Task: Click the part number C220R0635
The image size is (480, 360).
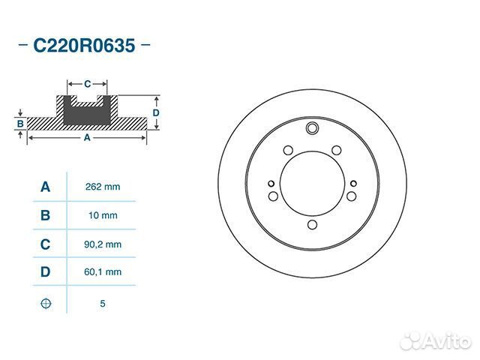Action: [84, 46]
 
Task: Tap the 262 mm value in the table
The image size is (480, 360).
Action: [103, 187]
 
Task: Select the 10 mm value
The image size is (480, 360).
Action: [103, 215]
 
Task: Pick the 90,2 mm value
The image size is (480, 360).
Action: [103, 244]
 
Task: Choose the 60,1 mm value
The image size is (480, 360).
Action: [103, 271]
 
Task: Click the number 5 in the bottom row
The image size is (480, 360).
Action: [103, 304]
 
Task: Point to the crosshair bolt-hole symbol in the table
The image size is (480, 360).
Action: [46, 303]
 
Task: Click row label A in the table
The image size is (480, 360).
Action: [45, 187]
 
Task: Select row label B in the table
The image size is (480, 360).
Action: [45, 215]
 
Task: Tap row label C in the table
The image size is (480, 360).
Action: [45, 244]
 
